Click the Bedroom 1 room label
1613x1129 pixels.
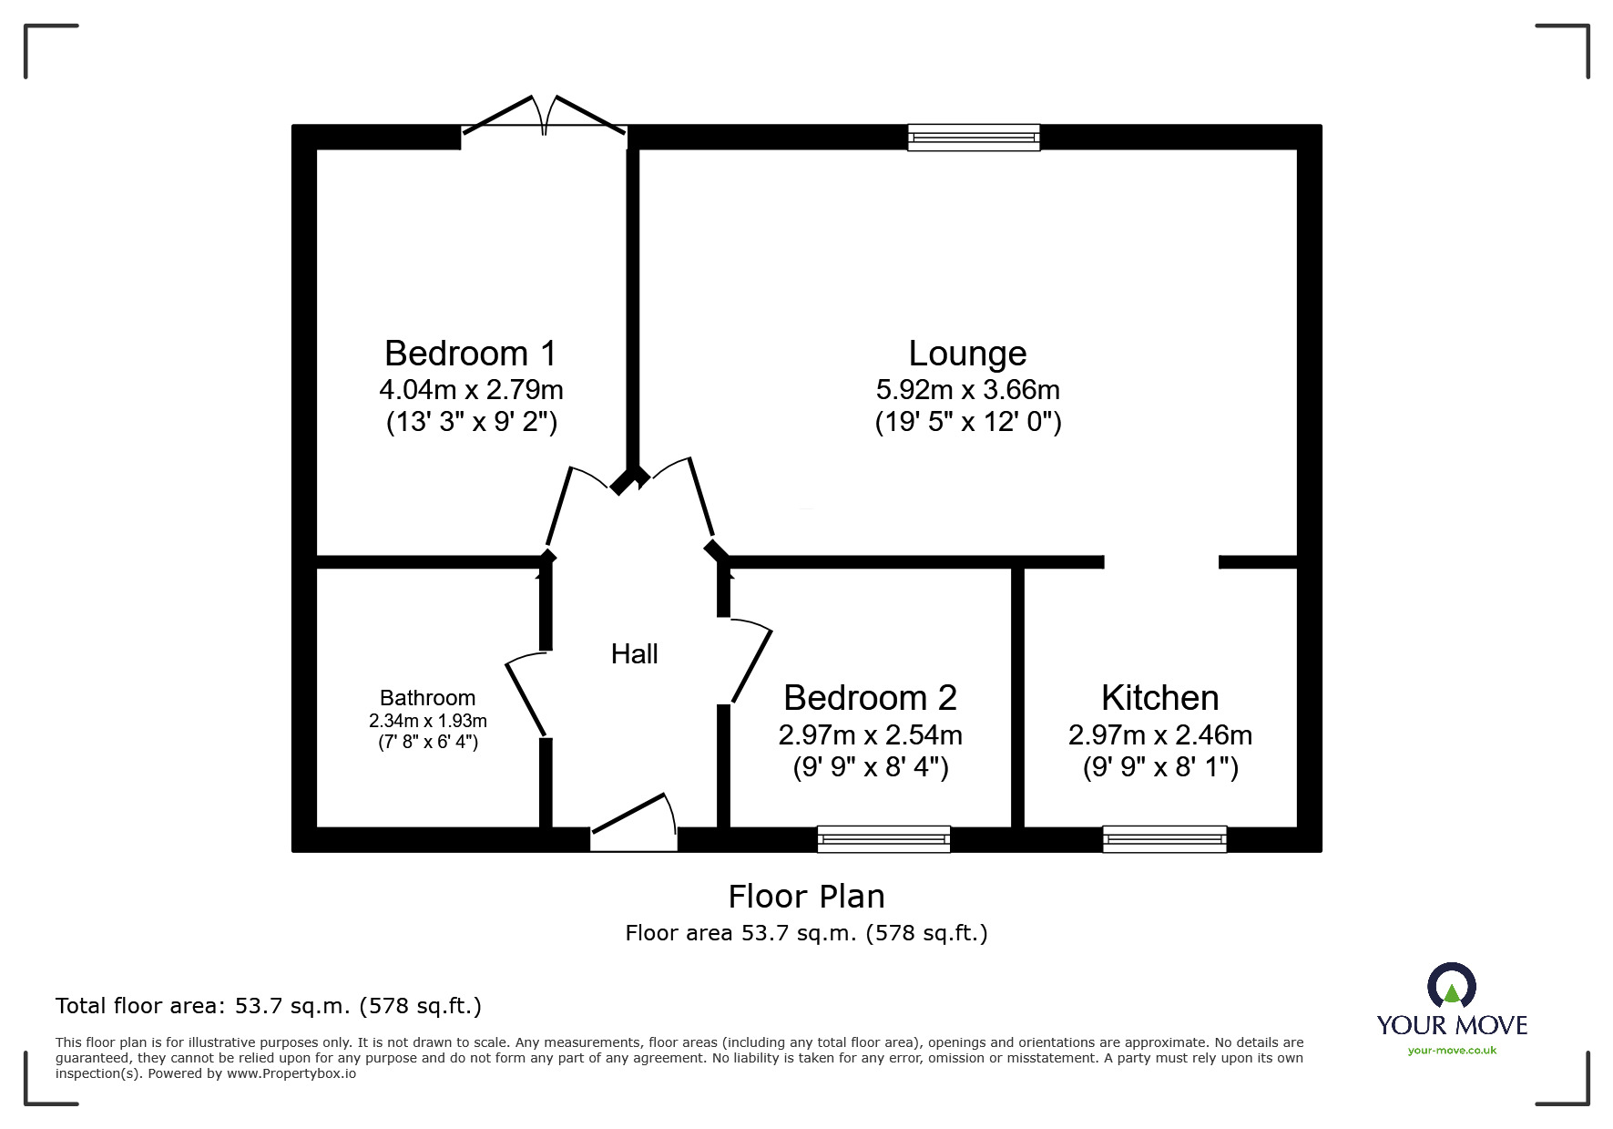point(470,354)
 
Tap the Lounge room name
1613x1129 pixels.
point(967,354)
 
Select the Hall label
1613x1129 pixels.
point(634,653)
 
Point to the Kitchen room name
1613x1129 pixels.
point(1159,698)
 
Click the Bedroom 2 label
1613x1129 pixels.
point(870,698)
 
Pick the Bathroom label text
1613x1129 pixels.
point(427,698)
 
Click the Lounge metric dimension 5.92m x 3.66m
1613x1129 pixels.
point(967,390)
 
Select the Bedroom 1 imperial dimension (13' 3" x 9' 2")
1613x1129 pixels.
point(471,423)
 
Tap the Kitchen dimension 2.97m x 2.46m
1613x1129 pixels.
point(1159,734)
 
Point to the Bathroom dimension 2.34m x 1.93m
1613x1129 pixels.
point(427,721)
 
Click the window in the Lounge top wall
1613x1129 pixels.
point(974,138)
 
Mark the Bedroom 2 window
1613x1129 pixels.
point(883,839)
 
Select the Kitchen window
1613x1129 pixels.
point(1165,839)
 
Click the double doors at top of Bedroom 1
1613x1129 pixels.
point(544,116)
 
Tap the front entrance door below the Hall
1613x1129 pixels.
point(634,822)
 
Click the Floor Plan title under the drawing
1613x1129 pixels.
point(806,897)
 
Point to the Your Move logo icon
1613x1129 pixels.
point(1452,985)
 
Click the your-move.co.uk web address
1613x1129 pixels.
point(1452,1051)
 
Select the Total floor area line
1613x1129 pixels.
point(269,1006)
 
